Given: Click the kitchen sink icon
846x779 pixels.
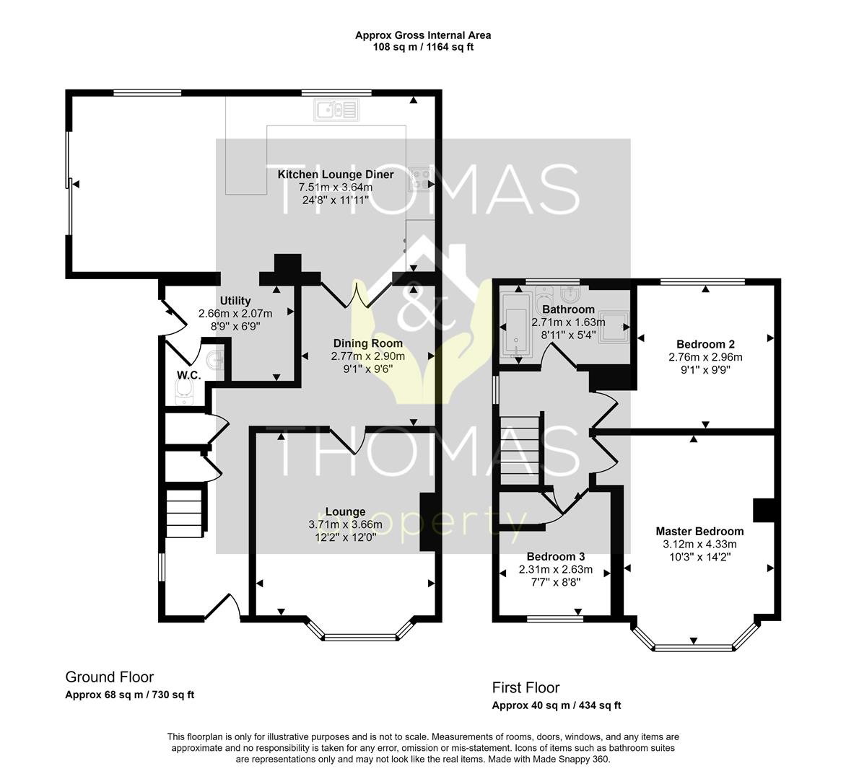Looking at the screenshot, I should pos(336,110).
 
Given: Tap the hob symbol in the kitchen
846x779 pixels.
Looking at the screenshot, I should pos(419,178).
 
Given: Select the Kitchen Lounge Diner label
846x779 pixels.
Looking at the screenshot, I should pos(336,175).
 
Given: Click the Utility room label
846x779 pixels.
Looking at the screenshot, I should pos(235,301).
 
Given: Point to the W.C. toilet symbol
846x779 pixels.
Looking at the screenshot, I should pos(185,391).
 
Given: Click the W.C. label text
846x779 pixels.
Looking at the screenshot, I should pos(188,375).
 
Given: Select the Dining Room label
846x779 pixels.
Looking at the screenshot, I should pos(367,343).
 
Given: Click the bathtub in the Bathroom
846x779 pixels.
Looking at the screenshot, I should pos(515,325).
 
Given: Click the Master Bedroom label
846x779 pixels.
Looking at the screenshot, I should pos(699,532).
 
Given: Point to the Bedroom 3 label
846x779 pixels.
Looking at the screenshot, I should pos(555,557).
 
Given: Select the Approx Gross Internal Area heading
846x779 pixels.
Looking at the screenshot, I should pos(423,35).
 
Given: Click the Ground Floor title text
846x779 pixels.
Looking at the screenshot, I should pos(110,677).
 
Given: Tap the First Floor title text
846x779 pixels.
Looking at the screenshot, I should pos(526,687).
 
